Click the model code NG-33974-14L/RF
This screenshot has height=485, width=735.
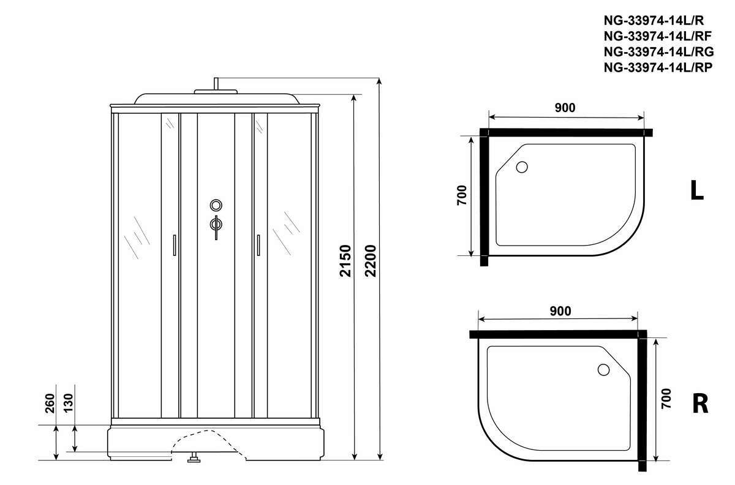tap(658, 36)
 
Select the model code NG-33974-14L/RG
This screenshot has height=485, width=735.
tap(658, 52)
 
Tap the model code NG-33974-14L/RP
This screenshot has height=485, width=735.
tap(658, 67)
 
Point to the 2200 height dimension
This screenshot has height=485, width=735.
tap(371, 261)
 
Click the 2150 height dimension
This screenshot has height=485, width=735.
tap(345, 261)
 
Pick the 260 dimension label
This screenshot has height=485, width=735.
tap(50, 404)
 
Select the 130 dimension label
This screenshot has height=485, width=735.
tap(68, 404)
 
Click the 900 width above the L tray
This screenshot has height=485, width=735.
tap(565, 108)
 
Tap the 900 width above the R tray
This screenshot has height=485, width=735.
tap(560, 311)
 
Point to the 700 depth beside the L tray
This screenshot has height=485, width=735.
tap(462, 195)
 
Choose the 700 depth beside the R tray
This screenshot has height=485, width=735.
tap(666, 399)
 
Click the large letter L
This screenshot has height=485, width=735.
tap(696, 190)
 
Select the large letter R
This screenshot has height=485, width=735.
tap(700, 404)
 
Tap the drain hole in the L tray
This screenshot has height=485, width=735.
tap(522, 167)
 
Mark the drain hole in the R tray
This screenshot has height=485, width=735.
tap(603, 370)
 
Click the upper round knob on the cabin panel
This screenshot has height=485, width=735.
tap(216, 205)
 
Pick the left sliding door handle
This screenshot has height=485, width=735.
tap(174, 245)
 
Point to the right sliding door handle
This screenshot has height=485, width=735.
tap(258, 245)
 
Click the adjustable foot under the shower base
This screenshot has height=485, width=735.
tap(194, 457)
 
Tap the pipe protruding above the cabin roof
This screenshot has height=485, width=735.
tap(216, 84)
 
